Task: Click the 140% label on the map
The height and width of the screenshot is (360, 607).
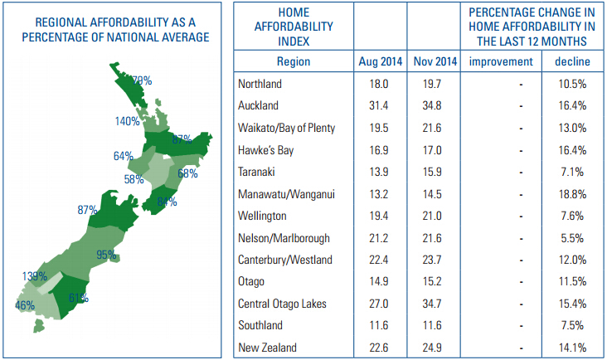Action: coord(128,121)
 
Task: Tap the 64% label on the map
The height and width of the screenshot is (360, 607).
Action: coord(124,156)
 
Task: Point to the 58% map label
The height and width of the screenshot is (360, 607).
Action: coord(134,178)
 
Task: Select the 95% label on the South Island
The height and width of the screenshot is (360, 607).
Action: coord(105,255)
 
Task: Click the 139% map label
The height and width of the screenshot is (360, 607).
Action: coord(35,275)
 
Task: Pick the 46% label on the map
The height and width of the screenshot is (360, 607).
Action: coord(25,305)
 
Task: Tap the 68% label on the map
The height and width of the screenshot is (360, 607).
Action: coord(187,173)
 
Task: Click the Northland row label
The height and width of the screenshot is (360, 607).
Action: coord(260,84)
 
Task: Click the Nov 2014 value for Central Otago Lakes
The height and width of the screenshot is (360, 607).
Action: coord(434,304)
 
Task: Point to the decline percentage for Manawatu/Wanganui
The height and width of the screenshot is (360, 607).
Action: coord(572,193)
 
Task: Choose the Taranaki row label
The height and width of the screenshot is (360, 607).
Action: coord(257,172)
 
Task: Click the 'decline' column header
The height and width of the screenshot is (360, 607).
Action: coord(572,62)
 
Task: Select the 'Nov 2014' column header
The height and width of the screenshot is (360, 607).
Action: coord(434,62)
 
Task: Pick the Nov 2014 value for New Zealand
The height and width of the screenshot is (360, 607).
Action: coord(434,348)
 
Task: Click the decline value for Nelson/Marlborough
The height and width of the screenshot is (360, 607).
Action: coord(572,237)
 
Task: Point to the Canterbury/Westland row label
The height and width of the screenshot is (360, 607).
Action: coord(284,260)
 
